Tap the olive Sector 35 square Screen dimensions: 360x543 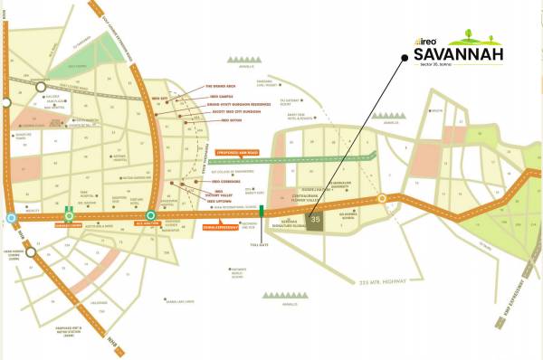coord(316,220)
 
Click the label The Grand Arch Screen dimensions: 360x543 coord(222,88)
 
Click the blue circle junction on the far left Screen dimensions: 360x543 coord(10,218)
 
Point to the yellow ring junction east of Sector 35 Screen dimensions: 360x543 coord(382,197)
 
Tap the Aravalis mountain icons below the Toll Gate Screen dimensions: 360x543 coord(279,294)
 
